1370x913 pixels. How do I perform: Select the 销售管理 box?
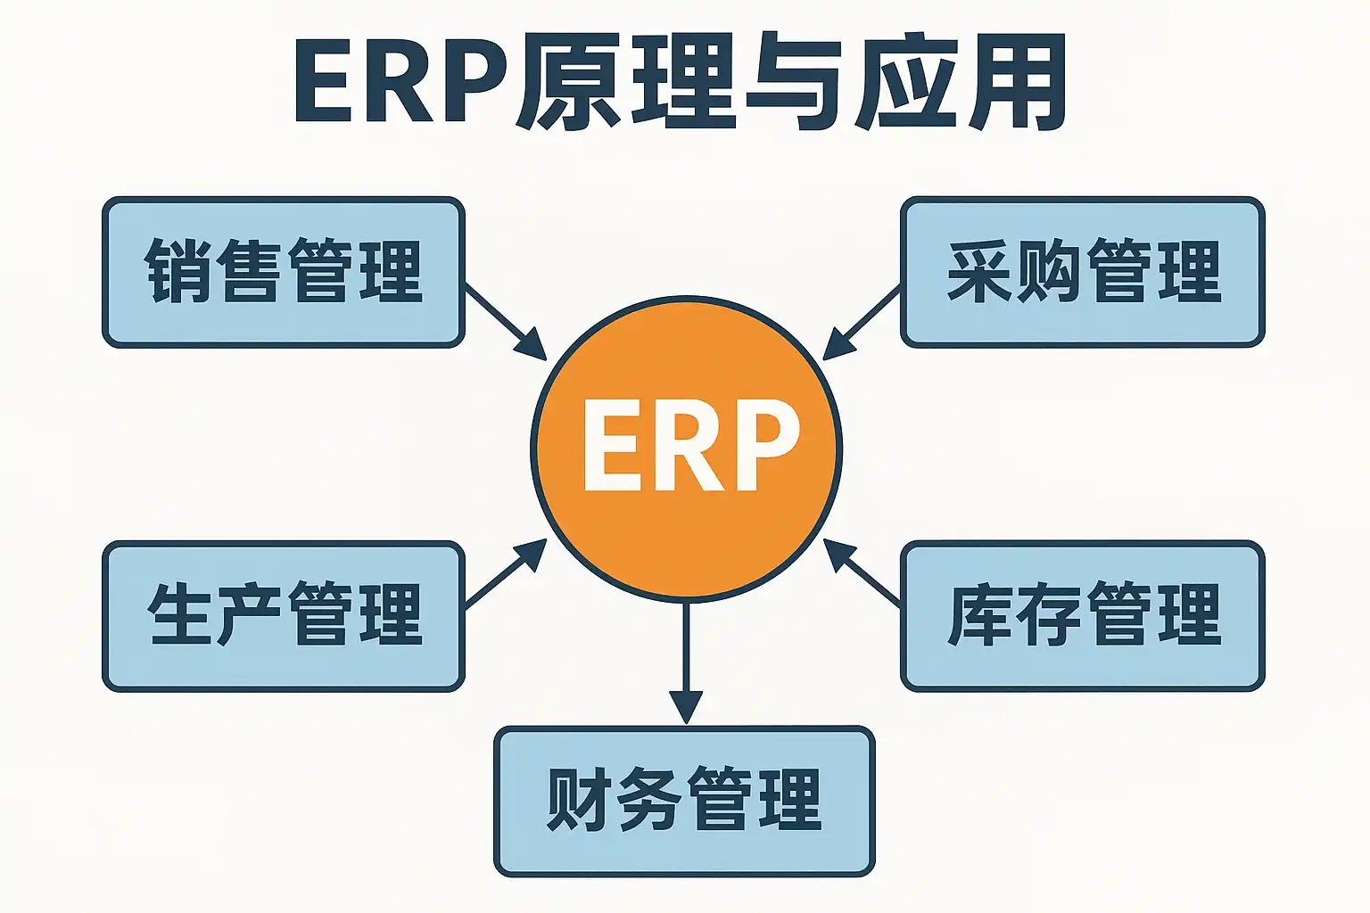[284, 271]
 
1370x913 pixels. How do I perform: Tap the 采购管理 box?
[1082, 271]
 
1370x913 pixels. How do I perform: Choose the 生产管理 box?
[284, 615]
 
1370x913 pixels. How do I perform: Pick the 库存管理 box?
[1082, 615]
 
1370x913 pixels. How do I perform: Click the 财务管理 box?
[684, 800]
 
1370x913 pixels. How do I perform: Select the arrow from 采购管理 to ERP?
[862, 322]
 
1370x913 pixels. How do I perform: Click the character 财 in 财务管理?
[579, 800]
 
